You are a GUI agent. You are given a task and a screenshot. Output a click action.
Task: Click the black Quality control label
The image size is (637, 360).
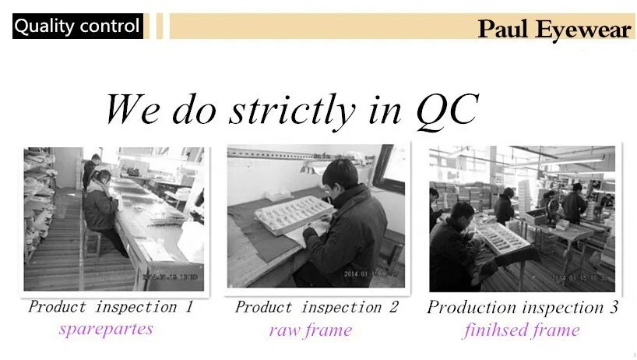pos(77,26)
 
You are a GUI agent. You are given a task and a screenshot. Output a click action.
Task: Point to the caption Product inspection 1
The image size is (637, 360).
pos(110,306)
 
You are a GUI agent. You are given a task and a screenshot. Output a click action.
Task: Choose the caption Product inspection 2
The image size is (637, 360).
pos(316,307)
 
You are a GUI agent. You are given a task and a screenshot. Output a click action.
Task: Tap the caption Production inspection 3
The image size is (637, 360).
pos(522,307)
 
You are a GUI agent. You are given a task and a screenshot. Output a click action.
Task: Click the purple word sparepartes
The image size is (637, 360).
pos(106,328)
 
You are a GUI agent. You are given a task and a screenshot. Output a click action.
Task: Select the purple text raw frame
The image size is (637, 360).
pos(311,330)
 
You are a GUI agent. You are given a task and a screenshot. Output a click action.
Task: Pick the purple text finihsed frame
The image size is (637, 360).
pos(521,330)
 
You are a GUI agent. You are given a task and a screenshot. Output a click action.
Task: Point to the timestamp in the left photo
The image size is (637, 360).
pos(175,277)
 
